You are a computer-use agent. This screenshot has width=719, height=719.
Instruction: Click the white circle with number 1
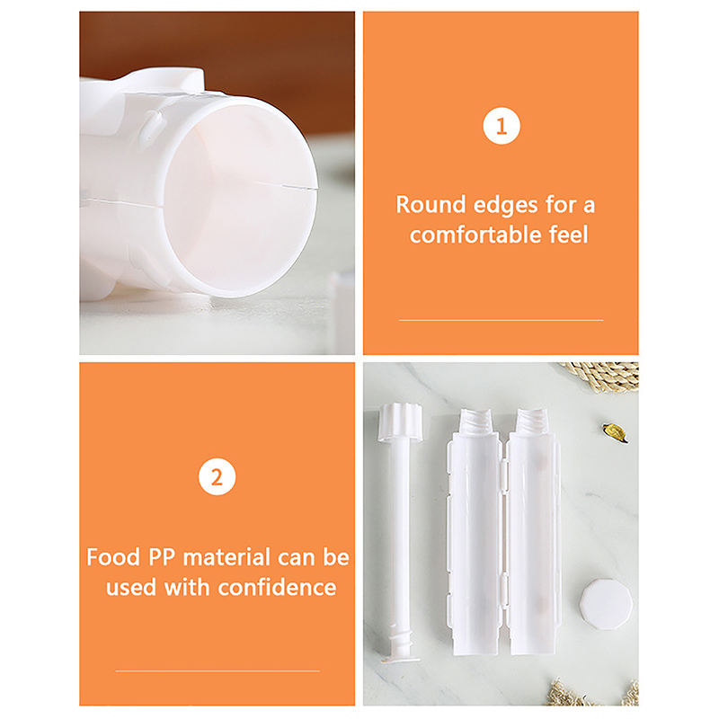point(502,126)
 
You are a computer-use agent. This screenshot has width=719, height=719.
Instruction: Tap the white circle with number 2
point(217,477)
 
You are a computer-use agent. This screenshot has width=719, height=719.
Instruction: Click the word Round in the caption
point(431,205)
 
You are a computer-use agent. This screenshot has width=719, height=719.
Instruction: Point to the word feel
point(569,235)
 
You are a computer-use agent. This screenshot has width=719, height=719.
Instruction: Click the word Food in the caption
point(113,557)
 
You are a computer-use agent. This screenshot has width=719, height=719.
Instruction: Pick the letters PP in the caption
point(162,557)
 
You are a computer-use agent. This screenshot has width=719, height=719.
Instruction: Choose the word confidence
point(277,587)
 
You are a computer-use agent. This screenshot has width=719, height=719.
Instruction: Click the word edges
point(505,205)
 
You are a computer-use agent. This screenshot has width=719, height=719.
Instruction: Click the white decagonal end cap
point(606,603)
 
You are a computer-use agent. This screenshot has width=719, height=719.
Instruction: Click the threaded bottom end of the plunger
point(400,645)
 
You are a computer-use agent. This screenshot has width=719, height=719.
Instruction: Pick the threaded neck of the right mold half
point(532,421)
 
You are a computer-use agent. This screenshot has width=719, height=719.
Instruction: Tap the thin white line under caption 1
point(501,320)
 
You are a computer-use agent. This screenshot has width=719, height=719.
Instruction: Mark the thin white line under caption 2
point(217,670)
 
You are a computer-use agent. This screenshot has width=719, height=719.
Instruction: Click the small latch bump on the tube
point(152,124)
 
